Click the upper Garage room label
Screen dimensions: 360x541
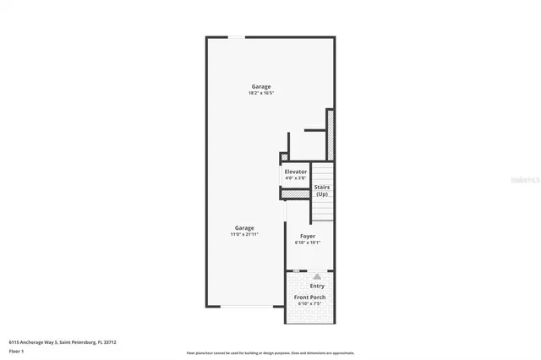click(x=261, y=87)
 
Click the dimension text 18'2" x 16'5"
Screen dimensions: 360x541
click(x=261, y=94)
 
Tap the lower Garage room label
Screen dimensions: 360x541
click(x=244, y=227)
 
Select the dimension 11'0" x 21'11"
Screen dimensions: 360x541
click(x=244, y=234)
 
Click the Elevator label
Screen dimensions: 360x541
click(x=296, y=172)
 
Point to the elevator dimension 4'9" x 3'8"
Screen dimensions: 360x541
click(x=296, y=178)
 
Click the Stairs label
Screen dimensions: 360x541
click(x=322, y=187)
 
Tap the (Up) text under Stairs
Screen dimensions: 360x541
click(x=322, y=194)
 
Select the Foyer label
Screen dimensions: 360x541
click(x=308, y=236)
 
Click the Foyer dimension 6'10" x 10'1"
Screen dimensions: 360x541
click(x=308, y=243)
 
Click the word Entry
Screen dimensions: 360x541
click(x=317, y=286)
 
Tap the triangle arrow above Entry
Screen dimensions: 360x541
click(x=317, y=275)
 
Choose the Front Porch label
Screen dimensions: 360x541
click(x=309, y=297)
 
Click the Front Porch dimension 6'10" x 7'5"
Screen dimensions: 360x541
click(x=309, y=304)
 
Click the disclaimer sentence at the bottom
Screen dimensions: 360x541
click(x=270, y=353)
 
